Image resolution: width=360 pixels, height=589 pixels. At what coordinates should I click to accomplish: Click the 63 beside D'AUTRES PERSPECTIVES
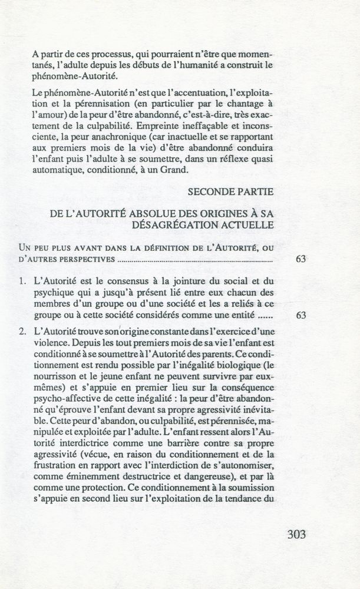point(300,259)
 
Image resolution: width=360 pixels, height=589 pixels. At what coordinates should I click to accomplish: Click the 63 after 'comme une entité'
point(300,316)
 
